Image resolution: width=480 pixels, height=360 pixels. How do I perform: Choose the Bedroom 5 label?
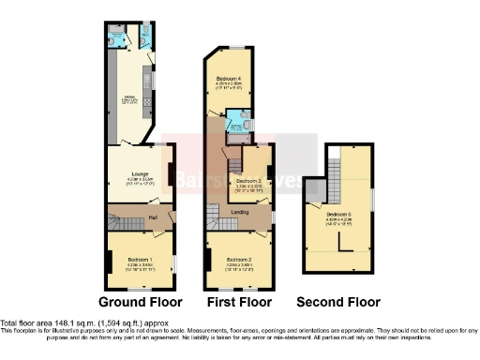tap(338, 214)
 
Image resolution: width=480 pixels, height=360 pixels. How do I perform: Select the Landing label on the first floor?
tap(240, 213)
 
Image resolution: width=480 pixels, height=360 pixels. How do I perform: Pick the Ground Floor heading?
tap(140, 302)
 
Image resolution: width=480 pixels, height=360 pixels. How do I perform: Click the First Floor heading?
tap(239, 302)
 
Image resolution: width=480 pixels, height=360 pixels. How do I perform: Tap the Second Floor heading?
tap(338, 302)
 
